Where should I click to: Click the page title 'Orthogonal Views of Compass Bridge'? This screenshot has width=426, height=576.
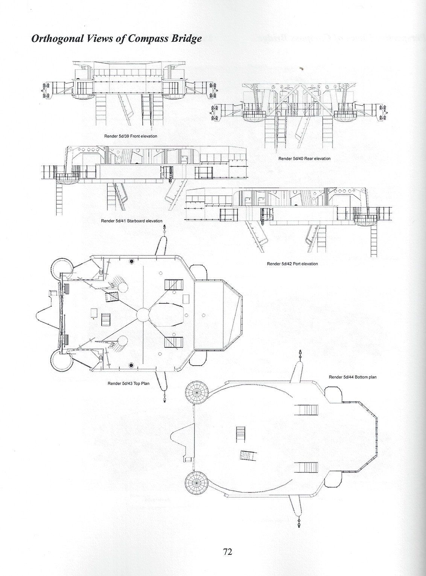click(117, 38)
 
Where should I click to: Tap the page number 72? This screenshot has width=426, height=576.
click(227, 542)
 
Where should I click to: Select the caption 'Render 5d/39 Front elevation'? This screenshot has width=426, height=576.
click(131, 136)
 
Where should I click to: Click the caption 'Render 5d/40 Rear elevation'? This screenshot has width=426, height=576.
click(304, 158)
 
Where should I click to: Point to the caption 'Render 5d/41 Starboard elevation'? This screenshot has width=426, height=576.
click(132, 221)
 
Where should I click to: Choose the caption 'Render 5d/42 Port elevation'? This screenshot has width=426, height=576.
click(292, 264)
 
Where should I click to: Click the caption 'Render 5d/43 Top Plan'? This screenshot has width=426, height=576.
click(128, 383)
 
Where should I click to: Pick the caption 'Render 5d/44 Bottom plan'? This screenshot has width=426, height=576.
click(353, 377)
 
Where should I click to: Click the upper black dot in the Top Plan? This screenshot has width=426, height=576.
click(131, 261)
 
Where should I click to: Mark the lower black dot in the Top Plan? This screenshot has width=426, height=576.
click(131, 366)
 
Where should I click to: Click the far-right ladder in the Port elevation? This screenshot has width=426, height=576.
click(374, 240)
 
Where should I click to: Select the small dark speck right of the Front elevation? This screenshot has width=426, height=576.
click(301, 69)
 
